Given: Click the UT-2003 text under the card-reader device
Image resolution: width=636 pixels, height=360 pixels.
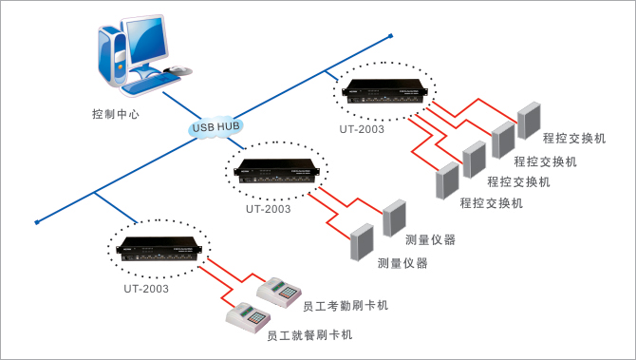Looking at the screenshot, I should click(146, 288).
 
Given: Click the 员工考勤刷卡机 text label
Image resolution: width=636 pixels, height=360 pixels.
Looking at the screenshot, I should click(345, 306).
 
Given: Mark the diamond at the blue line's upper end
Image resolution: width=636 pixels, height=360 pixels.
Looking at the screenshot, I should click(390, 37).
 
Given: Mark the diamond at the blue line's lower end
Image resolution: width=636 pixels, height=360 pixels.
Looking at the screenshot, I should click(37, 223).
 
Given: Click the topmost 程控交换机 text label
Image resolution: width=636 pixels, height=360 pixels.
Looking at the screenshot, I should click(574, 139).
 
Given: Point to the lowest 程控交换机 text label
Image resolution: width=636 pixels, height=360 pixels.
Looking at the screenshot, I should click(492, 202).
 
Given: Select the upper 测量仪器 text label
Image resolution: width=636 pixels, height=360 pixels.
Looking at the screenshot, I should click(430, 238).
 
